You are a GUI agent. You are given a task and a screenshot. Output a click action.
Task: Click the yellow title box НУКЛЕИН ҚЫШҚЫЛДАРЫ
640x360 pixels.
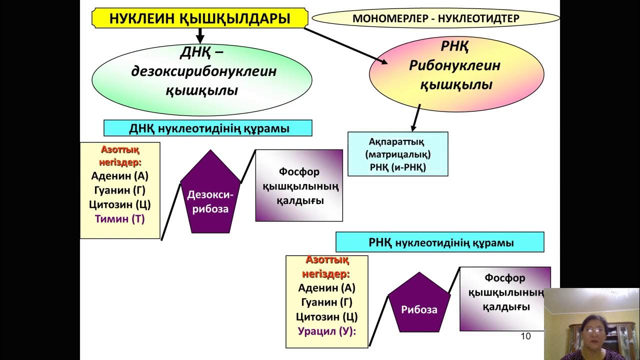click(x=199, y=18)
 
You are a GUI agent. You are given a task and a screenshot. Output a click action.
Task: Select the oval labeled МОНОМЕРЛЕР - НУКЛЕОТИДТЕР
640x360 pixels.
click(x=435, y=18)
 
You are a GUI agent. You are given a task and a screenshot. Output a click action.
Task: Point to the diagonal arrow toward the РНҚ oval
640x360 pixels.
click(x=345, y=46)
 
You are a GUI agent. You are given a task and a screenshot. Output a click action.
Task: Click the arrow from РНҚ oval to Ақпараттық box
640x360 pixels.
click(x=415, y=117)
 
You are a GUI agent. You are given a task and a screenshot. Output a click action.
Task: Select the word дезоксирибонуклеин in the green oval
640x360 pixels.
click(x=203, y=71)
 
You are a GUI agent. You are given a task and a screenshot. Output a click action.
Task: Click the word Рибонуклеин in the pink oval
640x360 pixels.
click(x=454, y=65)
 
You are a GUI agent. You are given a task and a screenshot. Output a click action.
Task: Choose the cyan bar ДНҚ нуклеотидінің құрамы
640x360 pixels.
click(x=207, y=128)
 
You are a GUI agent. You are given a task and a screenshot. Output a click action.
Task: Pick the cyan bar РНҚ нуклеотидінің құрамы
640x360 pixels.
click(x=440, y=242)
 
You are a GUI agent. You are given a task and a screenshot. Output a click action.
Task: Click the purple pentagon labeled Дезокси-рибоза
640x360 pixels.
click(x=210, y=194)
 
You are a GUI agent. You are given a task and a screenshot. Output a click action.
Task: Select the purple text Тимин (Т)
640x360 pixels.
click(x=119, y=219)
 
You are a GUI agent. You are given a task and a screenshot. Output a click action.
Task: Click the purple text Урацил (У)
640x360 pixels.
click(x=327, y=331)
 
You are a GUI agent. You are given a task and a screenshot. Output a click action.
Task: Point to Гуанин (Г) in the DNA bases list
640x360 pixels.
click(x=119, y=190)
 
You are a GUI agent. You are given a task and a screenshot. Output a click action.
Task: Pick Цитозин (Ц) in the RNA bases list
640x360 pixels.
click(x=327, y=316)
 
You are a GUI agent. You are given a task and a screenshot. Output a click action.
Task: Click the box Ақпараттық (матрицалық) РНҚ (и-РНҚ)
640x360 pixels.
click(x=397, y=154)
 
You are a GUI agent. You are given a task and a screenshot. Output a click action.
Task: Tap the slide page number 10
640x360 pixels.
click(x=525, y=336)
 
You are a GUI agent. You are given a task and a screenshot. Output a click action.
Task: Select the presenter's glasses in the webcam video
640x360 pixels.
click(x=593, y=330)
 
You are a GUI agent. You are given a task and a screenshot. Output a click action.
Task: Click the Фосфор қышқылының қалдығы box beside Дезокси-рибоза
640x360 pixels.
click(x=299, y=185)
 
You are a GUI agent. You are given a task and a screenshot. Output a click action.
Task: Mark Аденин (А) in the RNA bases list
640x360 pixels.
click(x=327, y=287)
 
